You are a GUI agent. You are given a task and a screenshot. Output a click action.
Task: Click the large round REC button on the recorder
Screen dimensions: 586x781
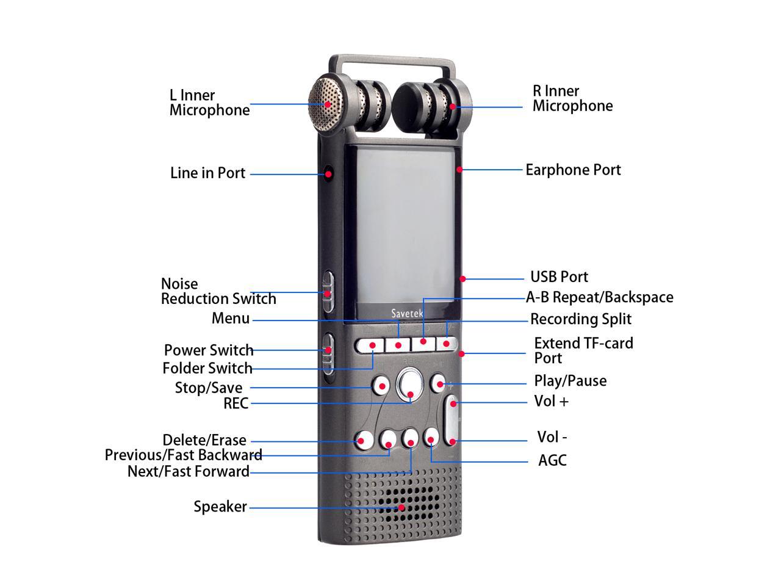click(x=409, y=385)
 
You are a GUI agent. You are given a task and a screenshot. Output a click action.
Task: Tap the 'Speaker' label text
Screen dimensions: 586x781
click(x=220, y=507)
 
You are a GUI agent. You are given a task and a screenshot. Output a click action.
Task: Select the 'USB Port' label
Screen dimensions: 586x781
click(x=559, y=277)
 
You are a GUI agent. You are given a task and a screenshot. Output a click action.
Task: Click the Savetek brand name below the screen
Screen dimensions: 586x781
click(x=407, y=313)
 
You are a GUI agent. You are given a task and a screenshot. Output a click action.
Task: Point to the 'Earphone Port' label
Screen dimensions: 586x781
click(x=573, y=170)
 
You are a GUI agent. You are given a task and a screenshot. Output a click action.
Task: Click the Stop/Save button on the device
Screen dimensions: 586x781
click(x=381, y=385)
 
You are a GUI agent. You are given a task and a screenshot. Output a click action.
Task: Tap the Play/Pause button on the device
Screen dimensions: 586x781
click(x=439, y=383)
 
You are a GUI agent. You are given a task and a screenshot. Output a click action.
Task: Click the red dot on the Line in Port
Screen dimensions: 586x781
click(x=328, y=174)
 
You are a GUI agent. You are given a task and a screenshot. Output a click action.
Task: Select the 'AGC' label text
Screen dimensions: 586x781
click(x=552, y=460)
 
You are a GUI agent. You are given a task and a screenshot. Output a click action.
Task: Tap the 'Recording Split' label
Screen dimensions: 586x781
click(x=580, y=319)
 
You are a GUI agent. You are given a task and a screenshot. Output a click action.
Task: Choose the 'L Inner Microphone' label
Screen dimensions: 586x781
click(x=209, y=103)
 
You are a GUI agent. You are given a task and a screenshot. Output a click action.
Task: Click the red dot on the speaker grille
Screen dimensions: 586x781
click(x=401, y=507)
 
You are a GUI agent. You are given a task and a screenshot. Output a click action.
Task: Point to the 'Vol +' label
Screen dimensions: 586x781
click(x=552, y=402)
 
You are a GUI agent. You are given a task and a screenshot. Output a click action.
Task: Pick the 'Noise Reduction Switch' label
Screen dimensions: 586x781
click(x=218, y=291)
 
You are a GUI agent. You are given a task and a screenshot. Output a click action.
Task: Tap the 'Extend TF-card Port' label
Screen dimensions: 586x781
click(x=583, y=350)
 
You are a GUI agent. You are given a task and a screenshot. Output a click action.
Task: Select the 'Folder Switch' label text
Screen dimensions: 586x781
click(x=207, y=368)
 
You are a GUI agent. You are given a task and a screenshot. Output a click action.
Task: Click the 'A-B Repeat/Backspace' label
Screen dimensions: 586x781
click(x=599, y=297)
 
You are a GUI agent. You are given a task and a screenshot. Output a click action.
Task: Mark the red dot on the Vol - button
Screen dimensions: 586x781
click(x=452, y=441)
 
